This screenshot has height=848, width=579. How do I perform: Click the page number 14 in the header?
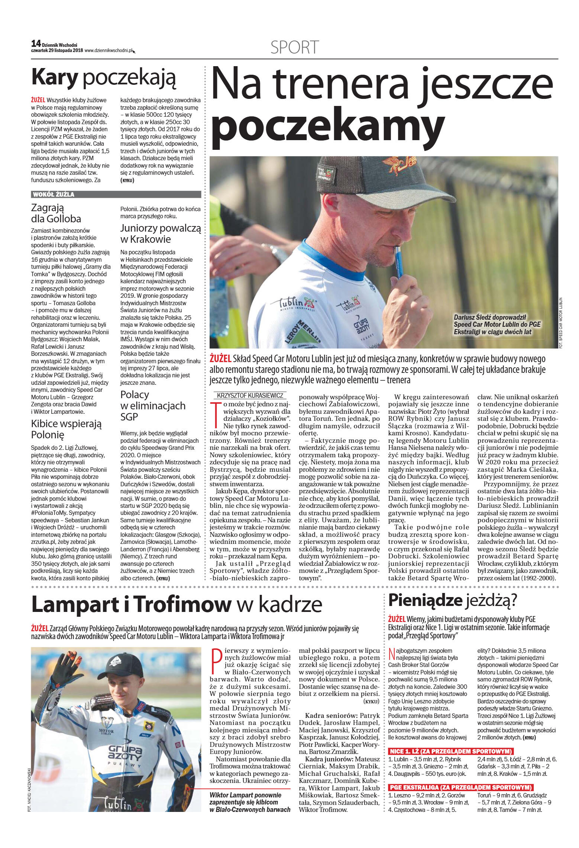coord(36,43)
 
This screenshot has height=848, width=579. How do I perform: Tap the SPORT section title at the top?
coord(294,48)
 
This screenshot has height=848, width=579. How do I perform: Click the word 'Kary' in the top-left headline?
coord(55,77)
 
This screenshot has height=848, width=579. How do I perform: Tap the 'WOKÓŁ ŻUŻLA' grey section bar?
coord(116,194)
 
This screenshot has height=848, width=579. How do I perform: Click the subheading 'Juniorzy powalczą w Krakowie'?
coord(160,233)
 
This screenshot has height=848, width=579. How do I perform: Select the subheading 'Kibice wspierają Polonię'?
coord(66,429)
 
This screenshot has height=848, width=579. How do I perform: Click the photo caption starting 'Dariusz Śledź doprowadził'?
coord(497,325)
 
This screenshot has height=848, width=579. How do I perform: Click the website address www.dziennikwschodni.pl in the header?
coord(108,51)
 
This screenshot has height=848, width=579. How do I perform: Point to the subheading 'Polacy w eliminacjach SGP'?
coord(153,406)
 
